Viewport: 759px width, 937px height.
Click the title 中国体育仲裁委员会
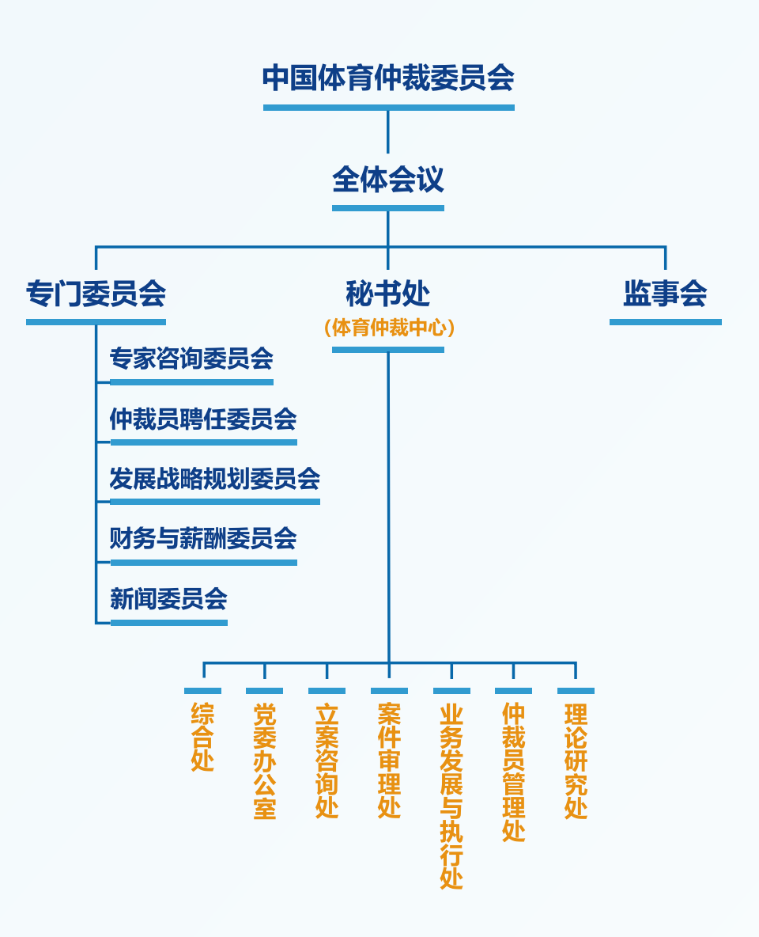pyautogui.click(x=388, y=78)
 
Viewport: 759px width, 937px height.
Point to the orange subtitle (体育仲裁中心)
pyautogui.click(x=388, y=328)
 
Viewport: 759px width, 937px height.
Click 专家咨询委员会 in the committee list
pyautogui.click(x=191, y=359)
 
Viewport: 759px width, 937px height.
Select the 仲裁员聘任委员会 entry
pyautogui.click(x=203, y=419)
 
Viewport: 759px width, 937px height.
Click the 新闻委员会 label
pyautogui.click(x=168, y=599)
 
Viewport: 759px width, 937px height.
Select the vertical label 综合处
pyautogui.click(x=202, y=737)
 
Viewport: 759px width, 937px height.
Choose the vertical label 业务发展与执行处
pyautogui.click(x=451, y=796)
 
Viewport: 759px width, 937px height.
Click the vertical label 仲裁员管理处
pyautogui.click(x=513, y=772)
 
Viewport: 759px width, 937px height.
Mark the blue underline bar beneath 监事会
pyautogui.click(x=665, y=322)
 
